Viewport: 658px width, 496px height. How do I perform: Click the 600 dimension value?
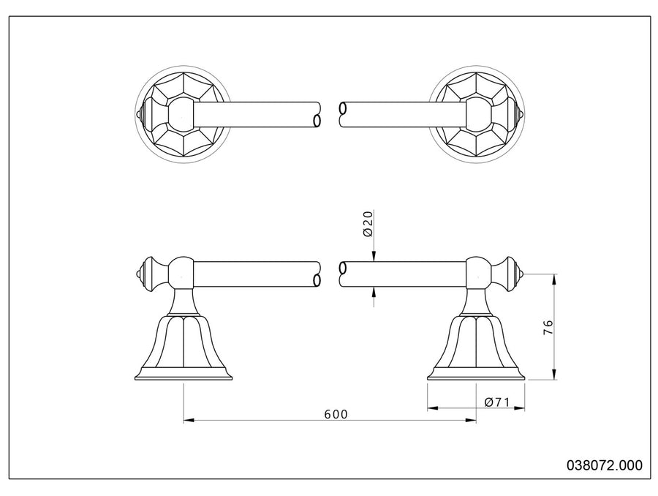[336, 414]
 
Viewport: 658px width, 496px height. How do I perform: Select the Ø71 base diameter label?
[497, 402]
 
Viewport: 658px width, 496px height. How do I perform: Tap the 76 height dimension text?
[548, 327]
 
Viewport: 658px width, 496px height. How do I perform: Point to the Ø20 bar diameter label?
[368, 224]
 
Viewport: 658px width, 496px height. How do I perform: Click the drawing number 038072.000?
[605, 465]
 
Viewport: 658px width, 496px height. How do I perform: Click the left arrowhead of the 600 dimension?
[189, 419]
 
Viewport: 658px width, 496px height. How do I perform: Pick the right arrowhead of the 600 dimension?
[471, 419]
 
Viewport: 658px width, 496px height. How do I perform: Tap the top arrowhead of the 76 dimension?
[554, 279]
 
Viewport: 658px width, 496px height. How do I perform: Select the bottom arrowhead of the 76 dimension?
[554, 375]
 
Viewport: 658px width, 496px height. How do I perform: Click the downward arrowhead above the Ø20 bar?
[374, 257]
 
